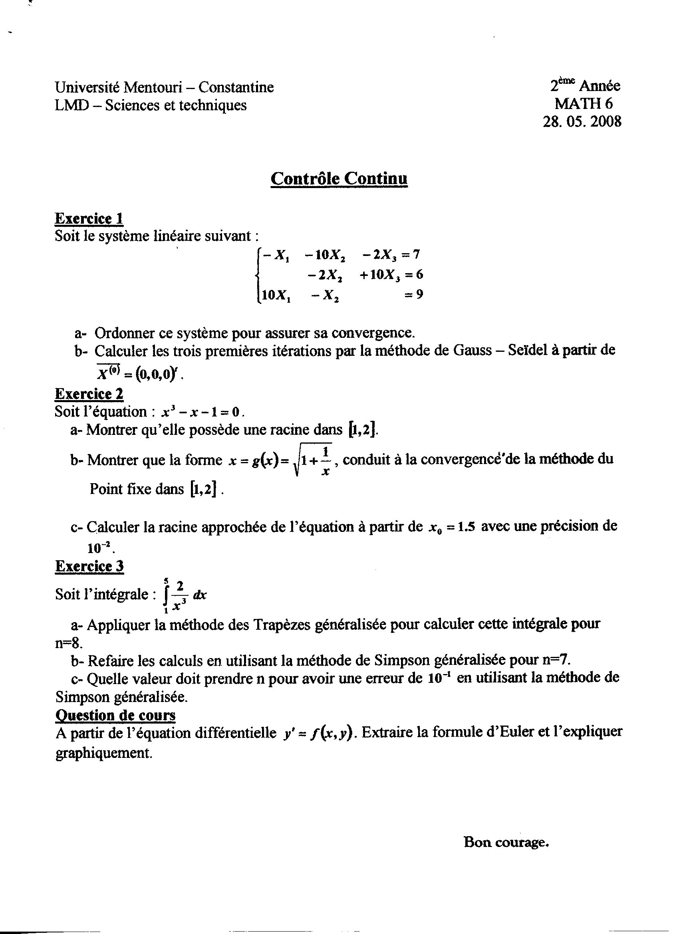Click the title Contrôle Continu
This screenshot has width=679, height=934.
(339, 179)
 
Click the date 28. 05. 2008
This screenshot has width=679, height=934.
(582, 121)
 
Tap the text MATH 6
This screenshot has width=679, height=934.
(584, 103)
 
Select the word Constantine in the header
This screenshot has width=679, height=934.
(236, 87)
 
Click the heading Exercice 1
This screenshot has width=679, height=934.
(89, 218)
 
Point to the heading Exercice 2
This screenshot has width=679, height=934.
(89, 394)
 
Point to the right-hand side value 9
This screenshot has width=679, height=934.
(419, 295)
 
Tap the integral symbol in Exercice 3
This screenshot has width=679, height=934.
(166, 595)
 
